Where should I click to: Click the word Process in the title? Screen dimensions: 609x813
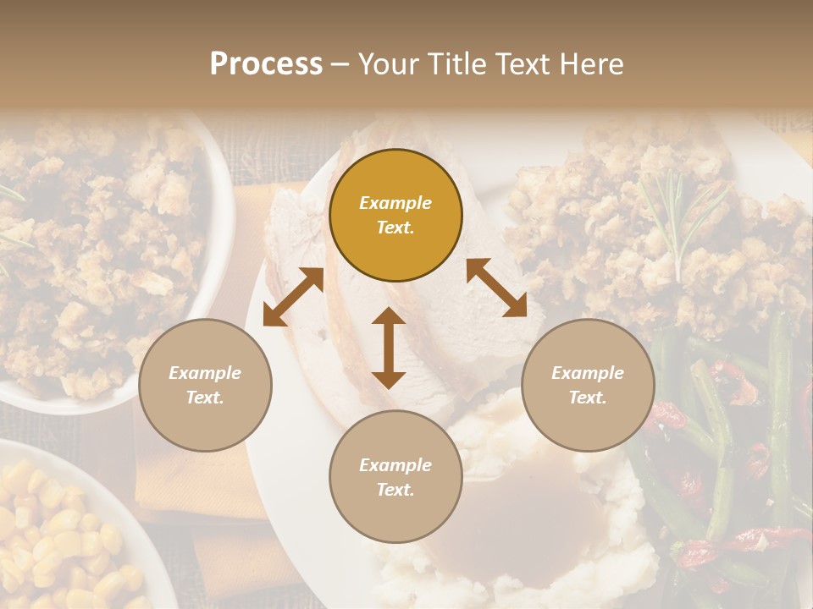point(266,64)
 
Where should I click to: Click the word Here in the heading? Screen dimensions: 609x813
point(592,64)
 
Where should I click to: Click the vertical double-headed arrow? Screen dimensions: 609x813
point(389,348)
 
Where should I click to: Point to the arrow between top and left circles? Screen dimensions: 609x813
point(293,297)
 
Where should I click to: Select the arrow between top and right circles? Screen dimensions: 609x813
point(496,288)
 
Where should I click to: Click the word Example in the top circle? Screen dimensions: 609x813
point(395,203)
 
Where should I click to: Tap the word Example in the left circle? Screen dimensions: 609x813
point(205,373)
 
